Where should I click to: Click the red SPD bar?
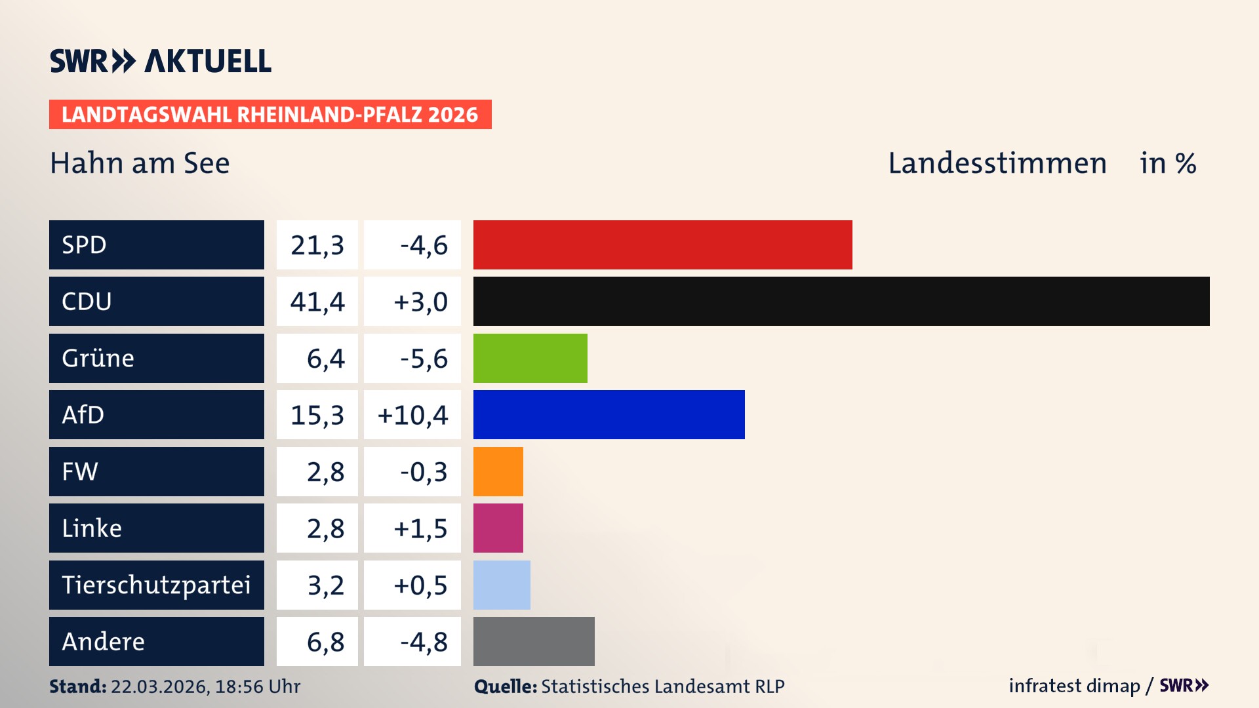(662, 245)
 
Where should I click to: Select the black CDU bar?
(841, 301)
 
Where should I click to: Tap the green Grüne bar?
(530, 358)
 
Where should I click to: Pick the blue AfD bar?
(609, 414)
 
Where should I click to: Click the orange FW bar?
(498, 471)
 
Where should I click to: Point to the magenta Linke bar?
(498, 528)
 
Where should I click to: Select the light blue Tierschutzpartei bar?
(502, 585)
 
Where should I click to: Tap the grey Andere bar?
(534, 641)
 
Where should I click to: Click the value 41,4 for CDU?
(317, 302)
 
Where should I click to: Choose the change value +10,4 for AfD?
(412, 415)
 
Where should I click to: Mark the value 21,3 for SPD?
(317, 245)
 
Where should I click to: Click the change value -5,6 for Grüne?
(424, 359)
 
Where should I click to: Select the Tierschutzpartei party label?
(156, 585)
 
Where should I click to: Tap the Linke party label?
(92, 528)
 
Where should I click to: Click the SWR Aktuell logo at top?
(161, 61)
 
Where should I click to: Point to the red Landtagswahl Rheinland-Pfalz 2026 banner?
(270, 115)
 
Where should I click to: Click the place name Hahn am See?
(140, 163)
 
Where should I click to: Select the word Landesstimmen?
(997, 163)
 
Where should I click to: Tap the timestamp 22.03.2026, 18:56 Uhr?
(205, 686)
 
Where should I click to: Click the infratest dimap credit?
(1073, 686)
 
